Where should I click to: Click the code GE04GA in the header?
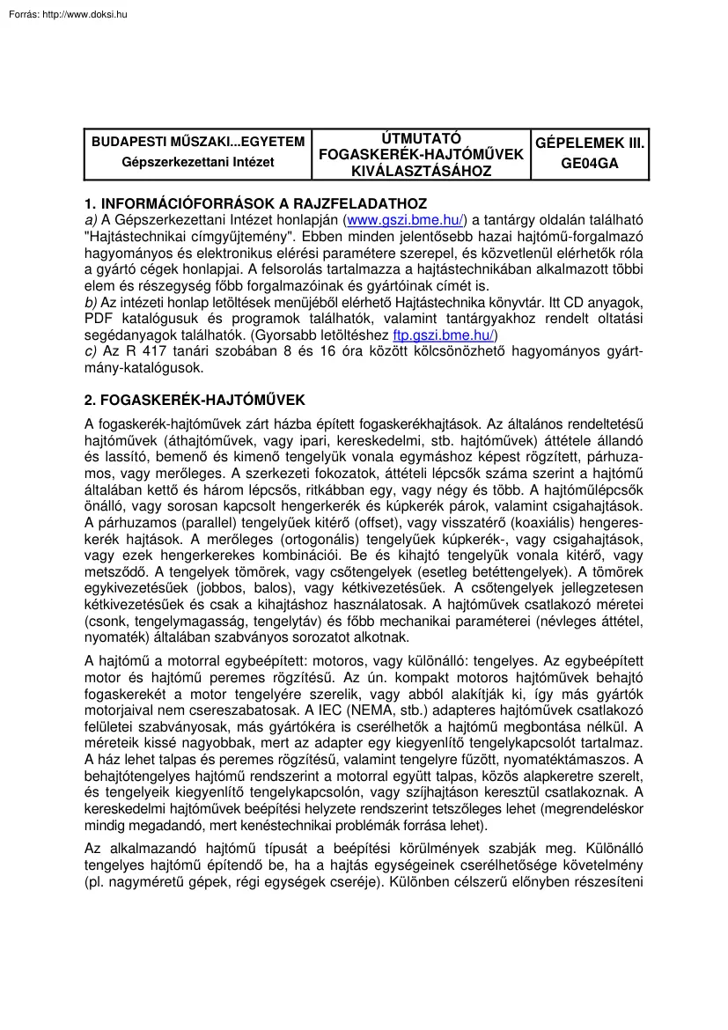[591, 162]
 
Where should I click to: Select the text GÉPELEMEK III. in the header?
[591, 142]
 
